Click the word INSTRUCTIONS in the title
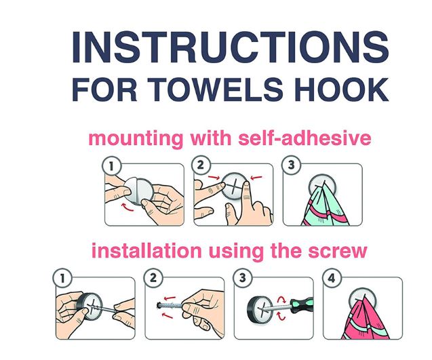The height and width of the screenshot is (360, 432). [231, 47]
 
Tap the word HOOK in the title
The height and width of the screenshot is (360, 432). [342, 89]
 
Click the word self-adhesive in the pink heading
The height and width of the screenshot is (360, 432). [305, 138]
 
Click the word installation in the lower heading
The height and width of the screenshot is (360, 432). [146, 250]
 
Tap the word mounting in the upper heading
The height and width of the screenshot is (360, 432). [136, 139]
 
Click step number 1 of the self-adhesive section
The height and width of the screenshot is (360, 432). [112, 166]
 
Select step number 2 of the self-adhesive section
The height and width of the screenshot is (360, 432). [201, 165]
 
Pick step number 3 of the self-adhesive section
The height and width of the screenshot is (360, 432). [291, 165]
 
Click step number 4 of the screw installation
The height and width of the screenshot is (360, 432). [332, 278]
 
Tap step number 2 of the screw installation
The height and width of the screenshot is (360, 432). [153, 278]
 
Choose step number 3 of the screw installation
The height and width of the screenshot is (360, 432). [243, 278]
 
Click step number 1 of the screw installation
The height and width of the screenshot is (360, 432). [62, 278]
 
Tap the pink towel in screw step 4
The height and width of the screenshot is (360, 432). [365, 320]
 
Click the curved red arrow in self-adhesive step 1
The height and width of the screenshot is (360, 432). [127, 207]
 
